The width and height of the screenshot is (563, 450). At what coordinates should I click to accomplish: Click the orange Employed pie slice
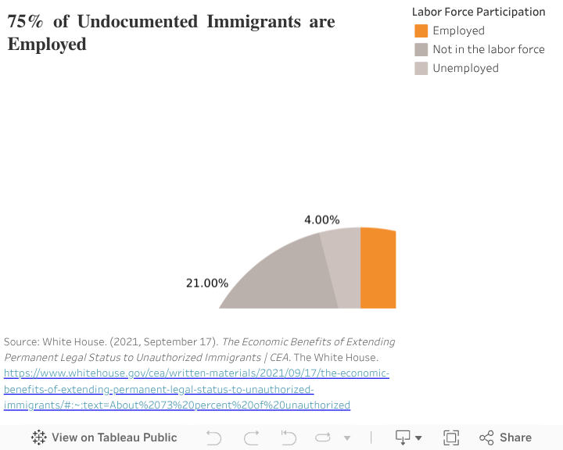[x=378, y=268]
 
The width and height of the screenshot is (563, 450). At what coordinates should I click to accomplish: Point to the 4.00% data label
[x=322, y=220]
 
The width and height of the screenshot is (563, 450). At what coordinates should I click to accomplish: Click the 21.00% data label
[x=206, y=283]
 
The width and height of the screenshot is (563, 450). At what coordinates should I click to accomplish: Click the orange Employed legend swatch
[x=421, y=30]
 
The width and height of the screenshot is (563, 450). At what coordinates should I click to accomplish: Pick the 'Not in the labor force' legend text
[x=489, y=49]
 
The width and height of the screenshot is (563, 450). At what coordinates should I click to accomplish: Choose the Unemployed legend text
[x=465, y=68]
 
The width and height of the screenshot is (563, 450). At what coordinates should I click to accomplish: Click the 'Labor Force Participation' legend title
[x=479, y=12]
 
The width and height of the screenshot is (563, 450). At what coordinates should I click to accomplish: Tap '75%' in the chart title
[x=26, y=22]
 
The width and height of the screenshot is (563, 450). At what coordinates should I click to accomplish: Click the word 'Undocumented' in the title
[x=138, y=22]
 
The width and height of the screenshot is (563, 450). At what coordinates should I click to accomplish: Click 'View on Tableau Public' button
[x=105, y=437]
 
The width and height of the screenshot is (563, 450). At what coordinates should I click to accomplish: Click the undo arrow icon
[x=213, y=437]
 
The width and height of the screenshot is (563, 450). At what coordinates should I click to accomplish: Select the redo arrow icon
[x=251, y=437]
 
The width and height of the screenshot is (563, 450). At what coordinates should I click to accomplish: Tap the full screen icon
[x=451, y=437]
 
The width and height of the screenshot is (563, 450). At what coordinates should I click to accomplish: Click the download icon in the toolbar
[x=403, y=437]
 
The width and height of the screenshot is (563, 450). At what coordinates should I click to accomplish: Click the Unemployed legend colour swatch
[x=421, y=68]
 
